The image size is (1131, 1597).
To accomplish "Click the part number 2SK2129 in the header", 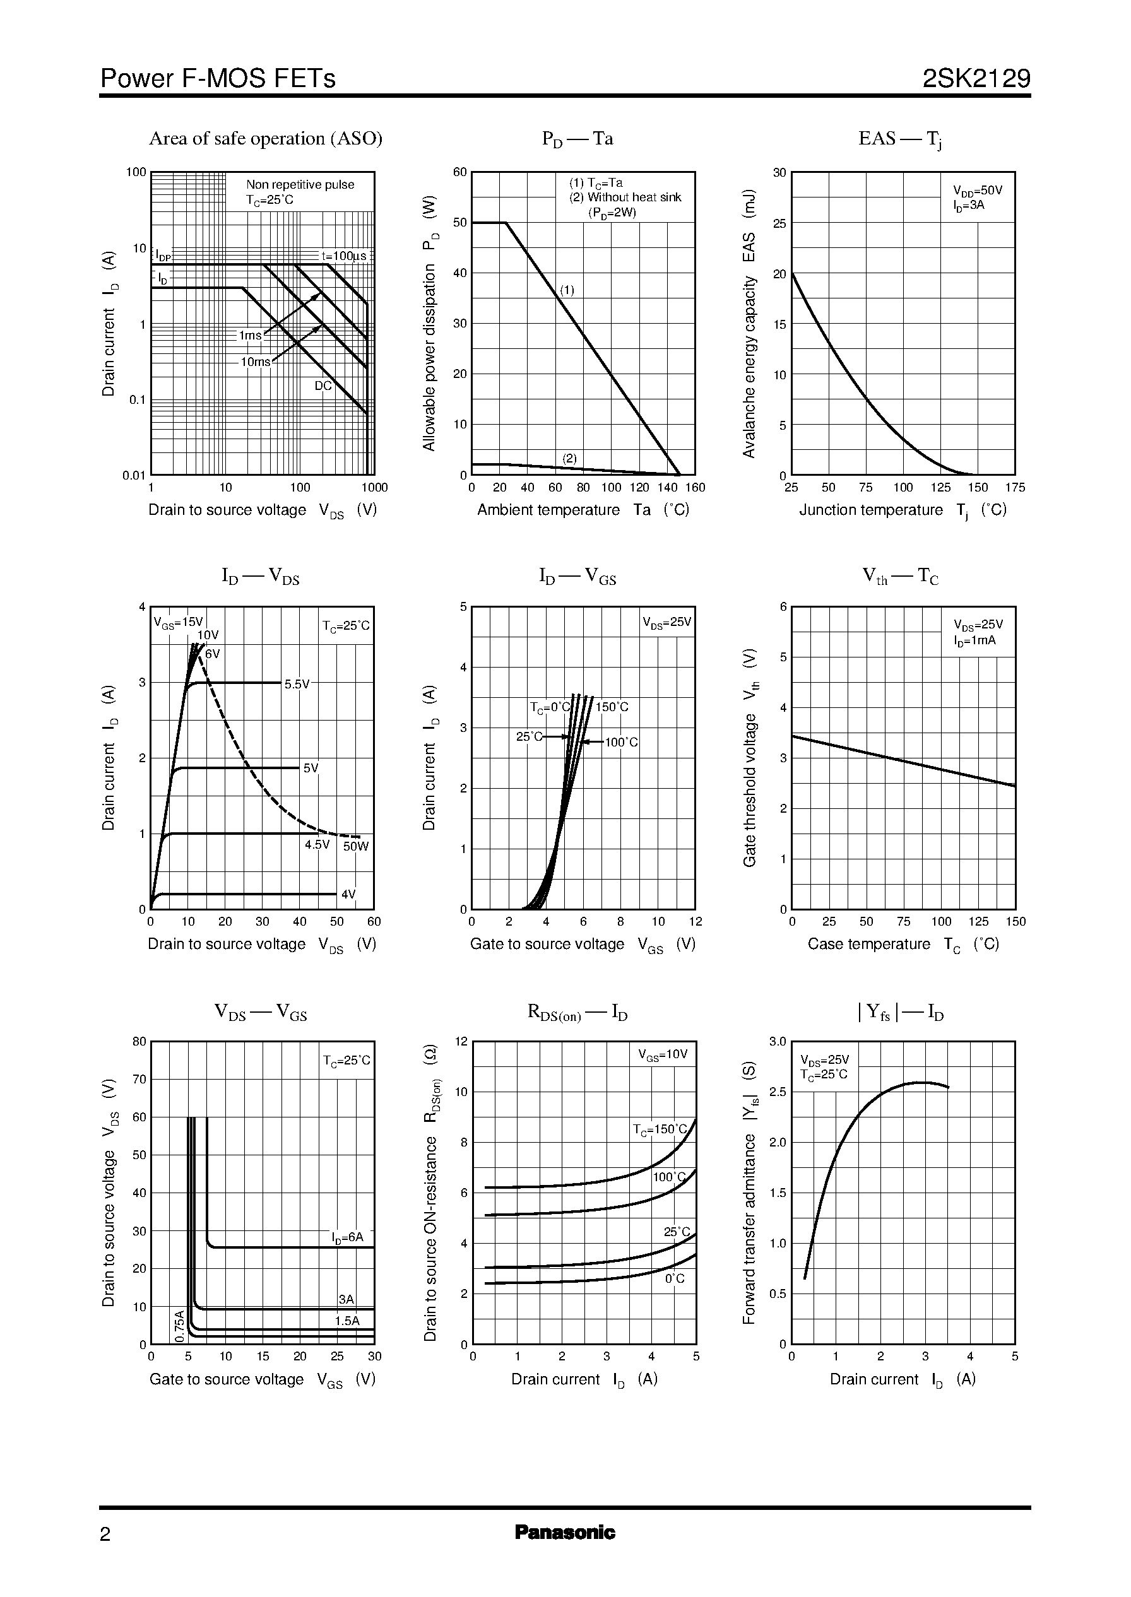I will coord(976,79).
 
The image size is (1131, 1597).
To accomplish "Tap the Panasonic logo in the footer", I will coord(565,1532).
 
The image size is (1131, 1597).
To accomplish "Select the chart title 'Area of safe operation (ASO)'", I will coord(265,139).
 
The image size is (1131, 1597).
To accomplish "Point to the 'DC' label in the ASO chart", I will coord(323,386).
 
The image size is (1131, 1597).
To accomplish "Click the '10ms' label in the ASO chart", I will coord(255,362).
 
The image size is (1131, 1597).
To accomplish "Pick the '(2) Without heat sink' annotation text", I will coord(625,197).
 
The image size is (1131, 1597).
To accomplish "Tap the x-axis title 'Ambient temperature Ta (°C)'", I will coord(583,510).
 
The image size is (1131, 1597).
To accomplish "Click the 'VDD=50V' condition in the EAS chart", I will coord(977,190).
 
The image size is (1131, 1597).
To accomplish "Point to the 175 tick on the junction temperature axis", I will coord(1015,487).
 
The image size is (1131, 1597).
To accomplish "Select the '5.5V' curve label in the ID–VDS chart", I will coord(297,685).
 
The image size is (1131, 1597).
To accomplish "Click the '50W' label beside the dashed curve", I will coord(356,847).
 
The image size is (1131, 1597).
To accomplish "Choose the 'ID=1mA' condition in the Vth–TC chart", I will coord(974,640).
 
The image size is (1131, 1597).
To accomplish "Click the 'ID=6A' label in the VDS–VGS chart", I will coord(348,1237).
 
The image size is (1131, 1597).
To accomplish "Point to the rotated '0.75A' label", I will coord(180,1326).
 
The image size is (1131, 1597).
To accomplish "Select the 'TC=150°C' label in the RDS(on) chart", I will coord(660,1129).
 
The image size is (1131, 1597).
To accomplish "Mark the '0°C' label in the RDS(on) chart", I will coord(674,1279).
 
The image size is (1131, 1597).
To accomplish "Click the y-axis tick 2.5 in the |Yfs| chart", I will coord(777,1092).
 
